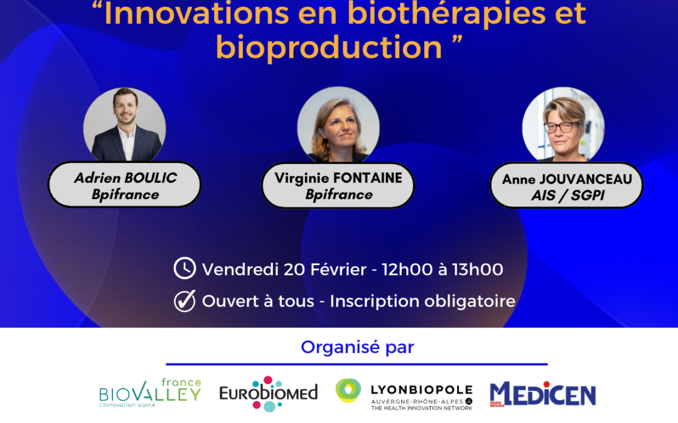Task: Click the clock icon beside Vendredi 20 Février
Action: click(x=185, y=269)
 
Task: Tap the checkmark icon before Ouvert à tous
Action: click(x=185, y=301)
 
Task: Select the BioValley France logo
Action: click(x=150, y=392)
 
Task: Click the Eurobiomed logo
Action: click(x=268, y=394)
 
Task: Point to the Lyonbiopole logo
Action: click(x=404, y=394)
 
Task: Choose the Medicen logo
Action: click(x=542, y=394)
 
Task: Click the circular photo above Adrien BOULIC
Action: click(x=125, y=125)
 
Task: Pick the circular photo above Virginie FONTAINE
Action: click(x=338, y=125)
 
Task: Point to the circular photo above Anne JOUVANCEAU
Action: click(x=563, y=125)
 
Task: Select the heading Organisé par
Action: click(x=357, y=347)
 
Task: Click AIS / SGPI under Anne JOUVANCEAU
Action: click(x=566, y=195)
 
